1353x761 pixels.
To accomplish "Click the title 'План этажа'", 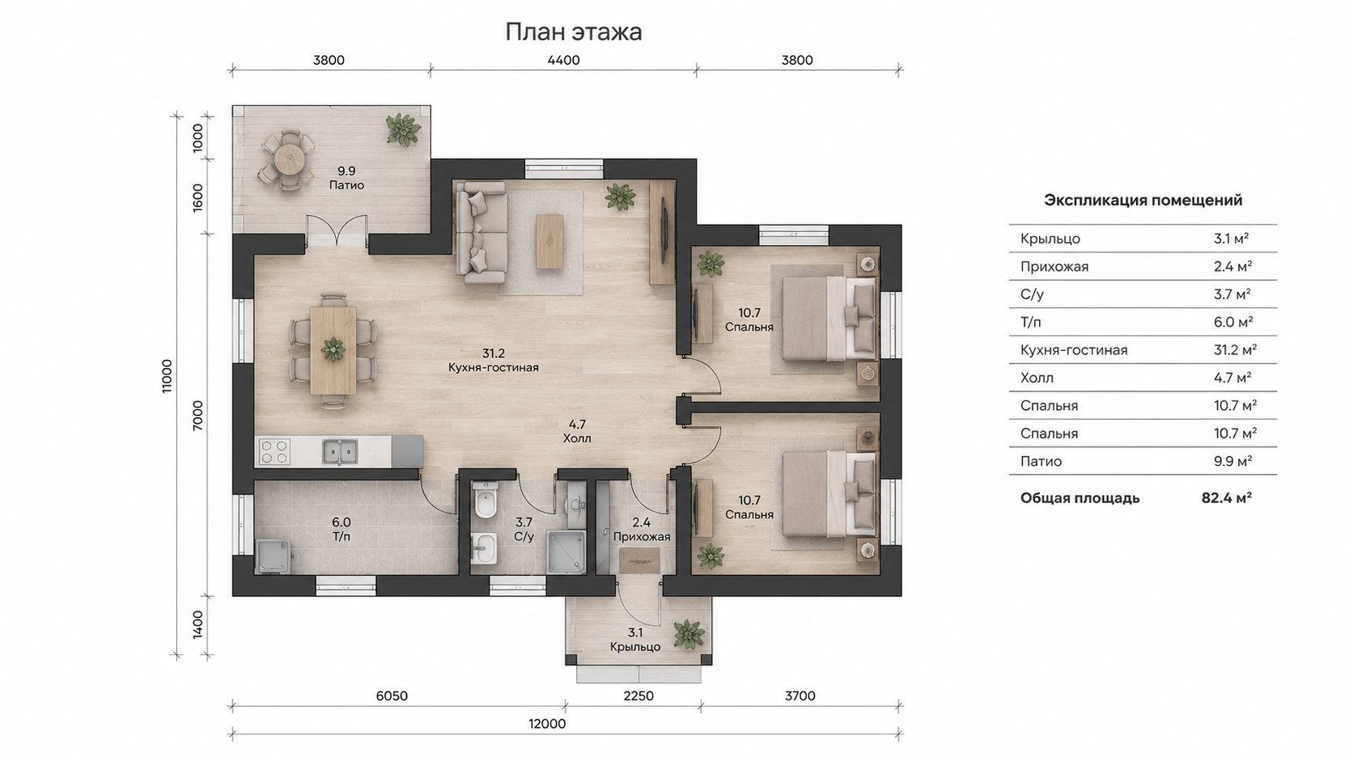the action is [x=573, y=32].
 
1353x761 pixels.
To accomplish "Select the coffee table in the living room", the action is [x=549, y=241].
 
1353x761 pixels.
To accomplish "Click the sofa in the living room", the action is [x=481, y=233].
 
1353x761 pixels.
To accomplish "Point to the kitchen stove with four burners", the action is [x=275, y=451].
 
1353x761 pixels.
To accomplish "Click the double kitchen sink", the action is [x=339, y=451].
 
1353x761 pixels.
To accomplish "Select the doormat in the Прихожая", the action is [x=639, y=560].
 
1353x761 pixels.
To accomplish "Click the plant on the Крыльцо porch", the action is [x=689, y=635].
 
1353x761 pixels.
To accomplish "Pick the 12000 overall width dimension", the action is [x=547, y=724].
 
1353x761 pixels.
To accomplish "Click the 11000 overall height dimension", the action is [x=167, y=377].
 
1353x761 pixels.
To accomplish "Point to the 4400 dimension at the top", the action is [x=563, y=61].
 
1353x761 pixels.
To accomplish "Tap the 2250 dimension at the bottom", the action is [x=638, y=695].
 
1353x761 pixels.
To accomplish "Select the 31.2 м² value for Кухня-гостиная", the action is [x=1235, y=350].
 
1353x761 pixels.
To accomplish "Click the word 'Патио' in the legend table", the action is [x=1041, y=462].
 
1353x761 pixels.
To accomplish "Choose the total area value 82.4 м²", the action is [x=1226, y=498].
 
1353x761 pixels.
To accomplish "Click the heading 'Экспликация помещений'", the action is [x=1143, y=201].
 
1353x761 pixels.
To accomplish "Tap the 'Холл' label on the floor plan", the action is [x=577, y=439].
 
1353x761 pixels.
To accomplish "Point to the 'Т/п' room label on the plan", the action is [x=341, y=536].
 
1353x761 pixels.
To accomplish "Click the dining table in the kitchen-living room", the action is [x=333, y=350].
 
